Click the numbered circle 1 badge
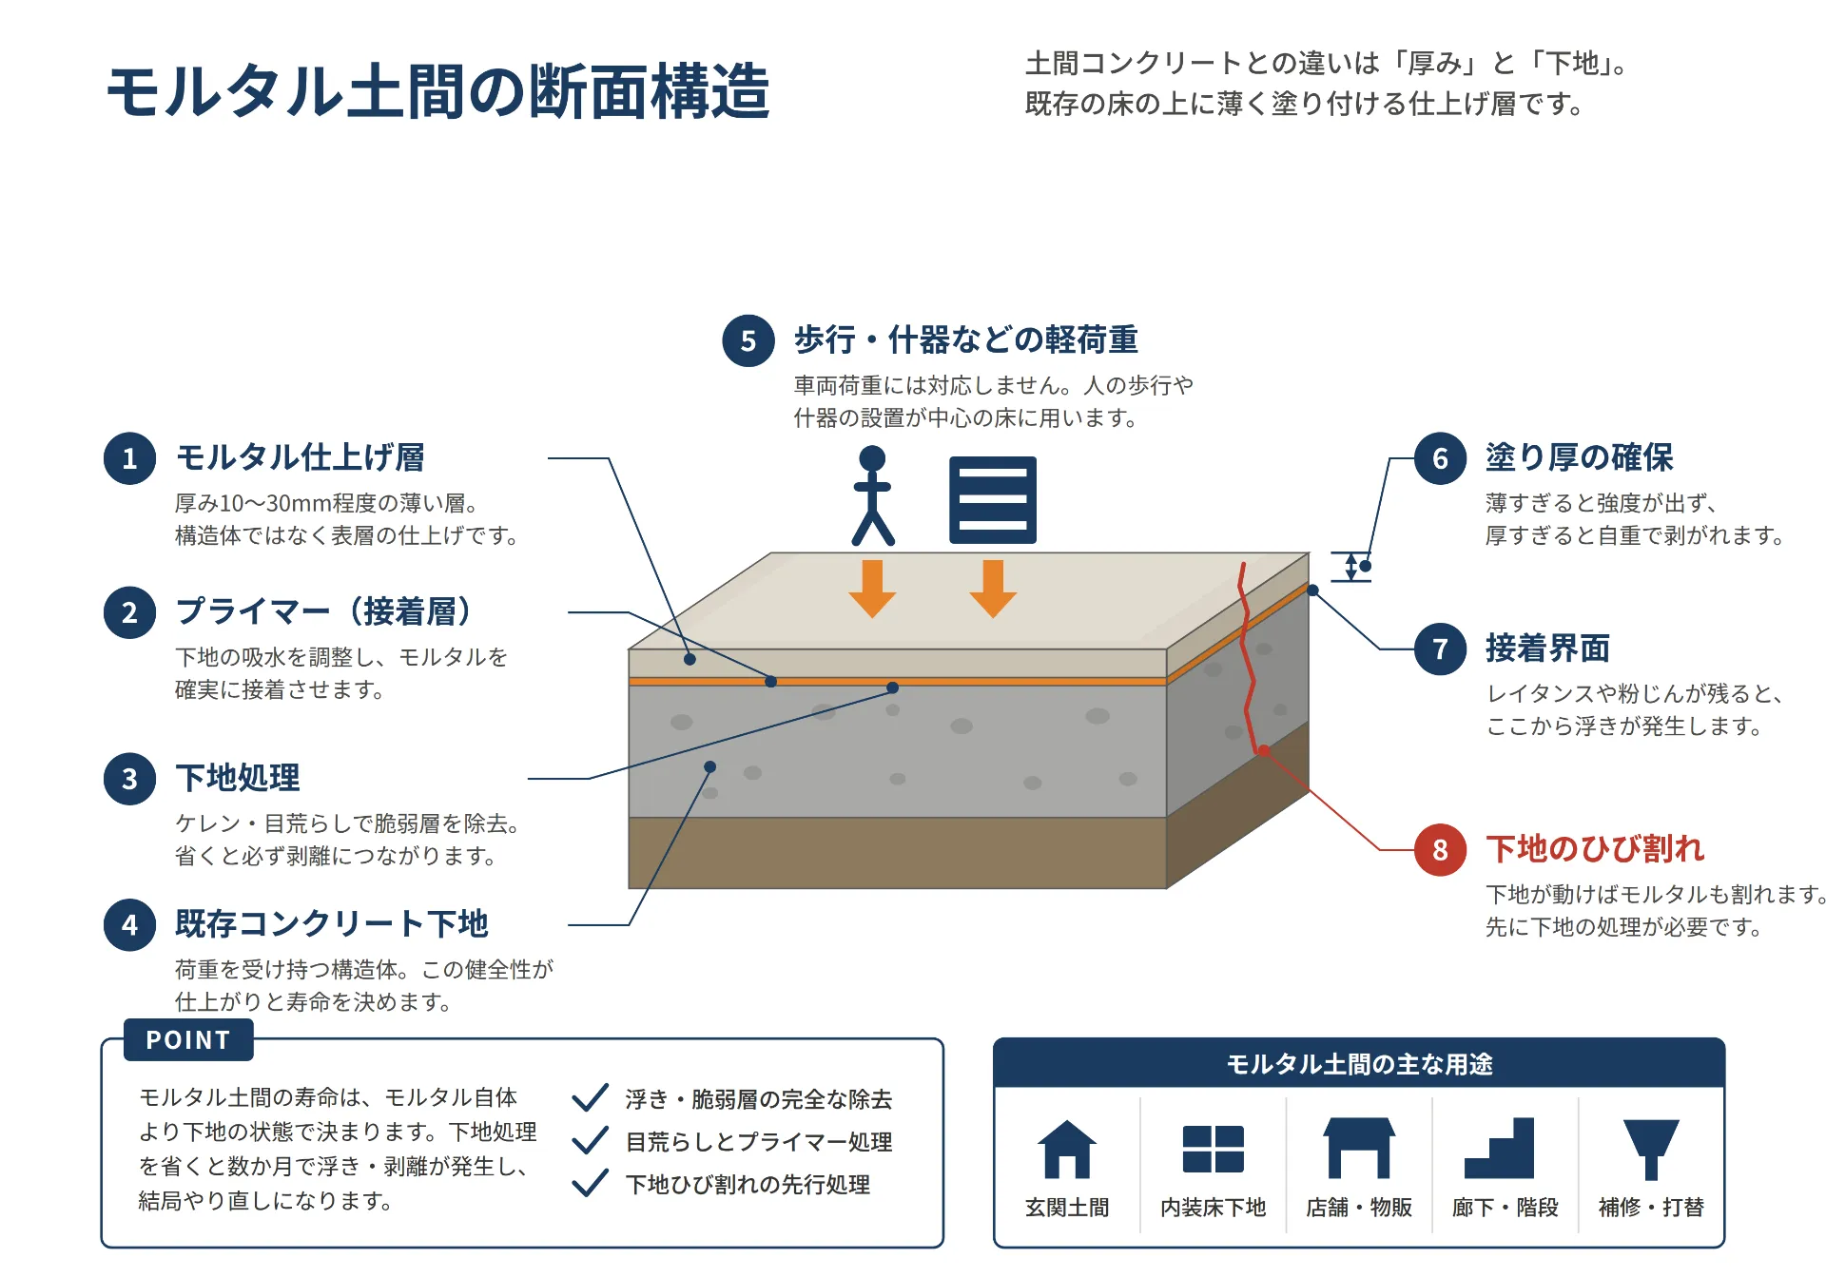click(129, 458)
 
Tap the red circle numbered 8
click(1440, 849)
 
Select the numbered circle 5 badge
click(748, 340)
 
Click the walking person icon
click(872, 494)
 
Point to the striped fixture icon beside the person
click(993, 499)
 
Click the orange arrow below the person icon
click(872, 589)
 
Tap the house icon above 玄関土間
click(1066, 1149)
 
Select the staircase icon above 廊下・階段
click(1499, 1148)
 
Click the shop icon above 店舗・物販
click(1359, 1148)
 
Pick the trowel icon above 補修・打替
click(1651, 1149)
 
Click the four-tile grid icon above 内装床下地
click(1213, 1149)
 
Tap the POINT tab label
click(188, 1039)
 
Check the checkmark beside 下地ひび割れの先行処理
click(590, 1183)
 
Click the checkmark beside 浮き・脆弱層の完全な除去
click(590, 1097)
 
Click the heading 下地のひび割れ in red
click(1595, 848)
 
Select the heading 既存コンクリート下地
click(331, 923)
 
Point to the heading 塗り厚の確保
click(1579, 457)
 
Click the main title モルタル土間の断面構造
click(437, 92)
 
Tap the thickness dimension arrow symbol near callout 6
click(1350, 567)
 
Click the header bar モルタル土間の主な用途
click(1359, 1063)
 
